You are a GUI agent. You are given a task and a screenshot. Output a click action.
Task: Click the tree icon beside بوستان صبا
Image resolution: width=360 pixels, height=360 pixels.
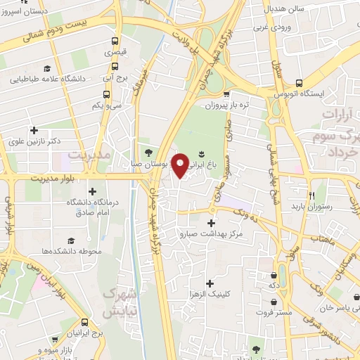click(148, 151)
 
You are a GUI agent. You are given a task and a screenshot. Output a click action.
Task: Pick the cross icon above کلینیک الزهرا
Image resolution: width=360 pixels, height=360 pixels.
click(210, 282)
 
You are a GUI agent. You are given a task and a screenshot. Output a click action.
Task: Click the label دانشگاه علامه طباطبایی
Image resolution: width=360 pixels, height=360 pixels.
click(47, 79)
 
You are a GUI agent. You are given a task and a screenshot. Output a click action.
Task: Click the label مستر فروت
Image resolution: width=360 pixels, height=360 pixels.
click(274, 311)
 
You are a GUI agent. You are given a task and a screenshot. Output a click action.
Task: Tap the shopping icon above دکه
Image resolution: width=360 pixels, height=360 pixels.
click(274, 275)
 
